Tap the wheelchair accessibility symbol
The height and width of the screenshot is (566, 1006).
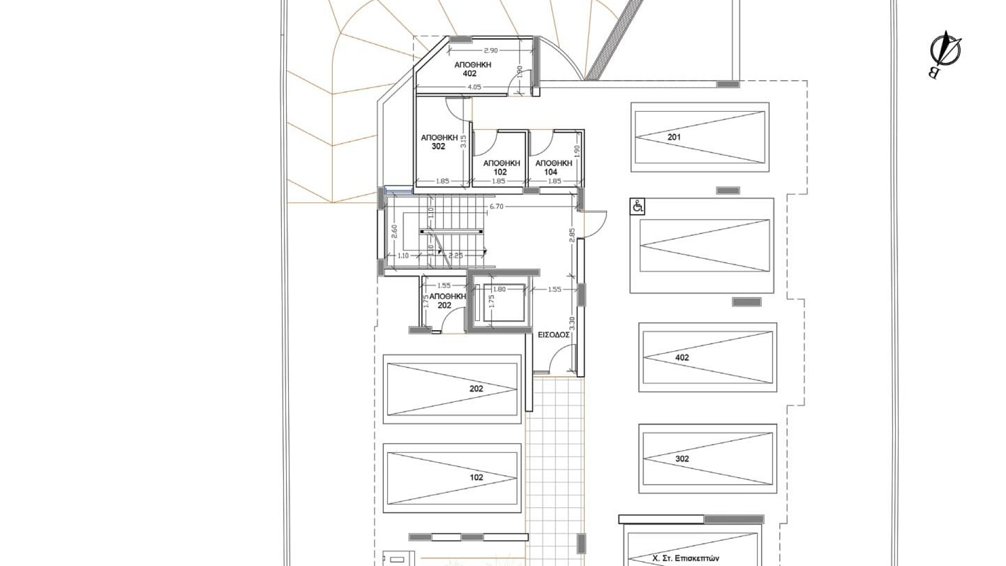pyautogui.click(x=638, y=207)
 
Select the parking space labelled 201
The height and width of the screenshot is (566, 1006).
pyautogui.click(x=700, y=137)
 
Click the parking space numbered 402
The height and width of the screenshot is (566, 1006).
pyautogui.click(x=707, y=357)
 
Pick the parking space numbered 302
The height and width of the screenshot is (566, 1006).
pyautogui.click(x=707, y=459)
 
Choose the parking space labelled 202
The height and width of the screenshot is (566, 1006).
pyautogui.click(x=452, y=389)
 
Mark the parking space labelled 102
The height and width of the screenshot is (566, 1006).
pyautogui.click(x=452, y=478)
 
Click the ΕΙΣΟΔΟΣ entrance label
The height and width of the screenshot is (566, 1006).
pyautogui.click(x=554, y=335)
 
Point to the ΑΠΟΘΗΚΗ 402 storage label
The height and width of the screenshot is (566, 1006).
pyautogui.click(x=473, y=69)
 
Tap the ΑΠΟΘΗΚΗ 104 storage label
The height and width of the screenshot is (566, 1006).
pyautogui.click(x=554, y=167)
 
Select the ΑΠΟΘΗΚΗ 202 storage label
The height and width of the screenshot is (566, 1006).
pyautogui.click(x=447, y=301)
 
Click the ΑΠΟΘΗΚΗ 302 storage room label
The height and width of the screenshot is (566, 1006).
pyautogui.click(x=439, y=141)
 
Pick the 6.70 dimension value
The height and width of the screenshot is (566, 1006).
pyautogui.click(x=496, y=206)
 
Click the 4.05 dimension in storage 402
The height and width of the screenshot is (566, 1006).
pyautogui.click(x=474, y=87)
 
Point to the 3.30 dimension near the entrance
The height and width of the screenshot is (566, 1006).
pyautogui.click(x=572, y=323)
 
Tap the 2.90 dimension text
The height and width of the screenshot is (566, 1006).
pyautogui.click(x=490, y=50)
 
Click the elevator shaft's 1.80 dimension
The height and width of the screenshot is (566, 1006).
pyautogui.click(x=499, y=289)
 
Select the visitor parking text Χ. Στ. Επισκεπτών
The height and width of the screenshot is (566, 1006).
pyautogui.click(x=686, y=559)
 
